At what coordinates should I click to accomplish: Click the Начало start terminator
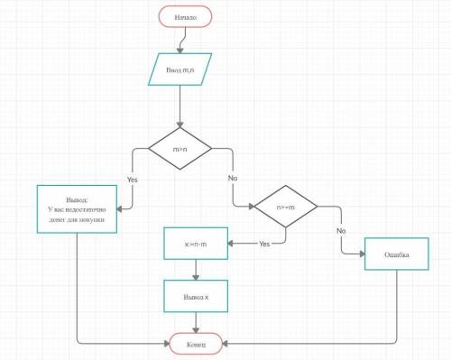[x=186, y=17]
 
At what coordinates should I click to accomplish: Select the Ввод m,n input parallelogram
[x=179, y=69]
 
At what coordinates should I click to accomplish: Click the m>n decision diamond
[x=179, y=149]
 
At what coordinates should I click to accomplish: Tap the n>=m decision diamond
[x=286, y=207]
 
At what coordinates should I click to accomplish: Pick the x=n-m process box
[x=196, y=244]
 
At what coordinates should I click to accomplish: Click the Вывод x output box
[x=196, y=296]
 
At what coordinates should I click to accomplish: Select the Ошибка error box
[x=397, y=254]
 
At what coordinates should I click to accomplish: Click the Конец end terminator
[x=196, y=344]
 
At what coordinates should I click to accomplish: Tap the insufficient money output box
[x=77, y=209]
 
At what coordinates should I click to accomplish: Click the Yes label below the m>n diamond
[x=132, y=180]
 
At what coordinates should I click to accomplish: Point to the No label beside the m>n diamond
[x=233, y=178]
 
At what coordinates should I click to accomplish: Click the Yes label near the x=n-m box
[x=264, y=244]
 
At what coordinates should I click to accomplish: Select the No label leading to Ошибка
[x=341, y=231]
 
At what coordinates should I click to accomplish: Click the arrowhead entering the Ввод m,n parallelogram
[x=179, y=51]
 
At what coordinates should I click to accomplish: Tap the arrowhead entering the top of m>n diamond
[x=179, y=124]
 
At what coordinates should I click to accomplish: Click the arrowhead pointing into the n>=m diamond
[x=251, y=207]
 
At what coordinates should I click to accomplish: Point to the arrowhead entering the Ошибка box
[x=362, y=254]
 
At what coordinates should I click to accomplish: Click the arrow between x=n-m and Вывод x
[x=196, y=270]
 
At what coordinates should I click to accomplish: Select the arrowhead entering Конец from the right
[x=225, y=344]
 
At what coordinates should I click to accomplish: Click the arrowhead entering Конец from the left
[x=167, y=344]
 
